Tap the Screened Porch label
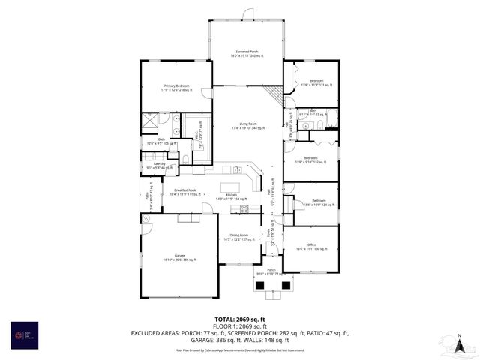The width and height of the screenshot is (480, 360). tap(247, 53)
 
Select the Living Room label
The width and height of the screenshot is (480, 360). tap(248, 125)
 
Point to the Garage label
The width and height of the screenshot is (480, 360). tap(180, 257)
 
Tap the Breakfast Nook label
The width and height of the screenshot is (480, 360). tap(184, 192)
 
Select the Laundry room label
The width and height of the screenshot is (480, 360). tap(159, 165)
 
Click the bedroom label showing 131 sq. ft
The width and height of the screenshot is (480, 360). tap(316, 82)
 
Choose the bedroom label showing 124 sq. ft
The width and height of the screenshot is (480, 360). tap(318, 202)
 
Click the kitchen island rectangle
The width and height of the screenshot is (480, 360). tap(231, 187)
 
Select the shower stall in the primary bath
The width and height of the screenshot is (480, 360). tap(150, 119)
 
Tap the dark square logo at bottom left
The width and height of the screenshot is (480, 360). tap(23, 334)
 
